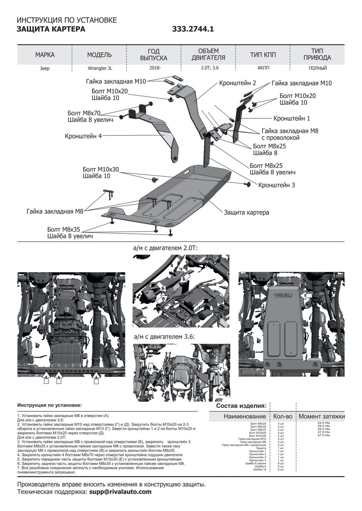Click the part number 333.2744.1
pos(193,29)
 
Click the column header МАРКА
pos(45,55)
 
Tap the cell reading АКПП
pos(263,68)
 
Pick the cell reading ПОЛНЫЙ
pos(318,68)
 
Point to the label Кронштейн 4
pos(83,137)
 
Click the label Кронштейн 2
pos(237,83)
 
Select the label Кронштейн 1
pos(292,118)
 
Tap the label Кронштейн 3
pos(277,185)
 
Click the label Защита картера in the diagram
pos(246,212)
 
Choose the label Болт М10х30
pos(101,169)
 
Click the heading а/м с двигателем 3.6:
pos(164,336)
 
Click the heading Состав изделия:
pos(241,405)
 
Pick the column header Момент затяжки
pos(321,416)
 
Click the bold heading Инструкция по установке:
pos(49,405)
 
